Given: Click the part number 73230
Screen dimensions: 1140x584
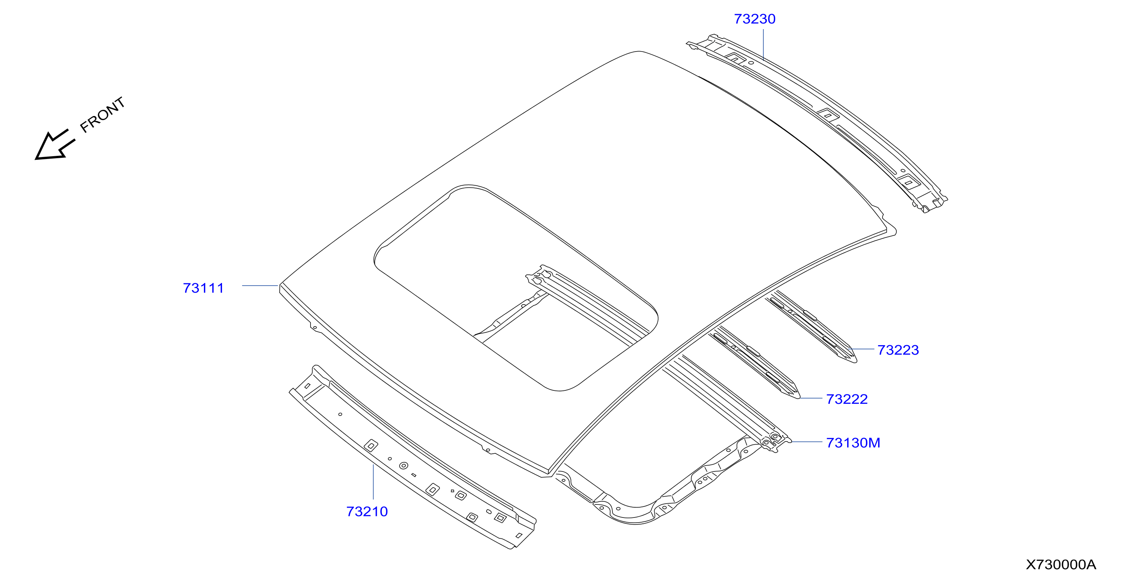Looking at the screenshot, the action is point(754,19).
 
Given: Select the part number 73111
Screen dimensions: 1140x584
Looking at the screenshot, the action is point(203,288).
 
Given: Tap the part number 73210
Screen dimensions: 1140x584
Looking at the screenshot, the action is point(366,512).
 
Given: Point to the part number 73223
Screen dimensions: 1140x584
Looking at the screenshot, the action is point(898,350).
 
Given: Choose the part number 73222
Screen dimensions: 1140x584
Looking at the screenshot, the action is point(847,399).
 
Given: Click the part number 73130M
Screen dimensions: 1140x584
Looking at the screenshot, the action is point(853,442).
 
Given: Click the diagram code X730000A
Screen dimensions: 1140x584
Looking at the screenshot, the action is point(1061,565).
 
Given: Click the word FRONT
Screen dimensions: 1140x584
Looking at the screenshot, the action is point(103,115).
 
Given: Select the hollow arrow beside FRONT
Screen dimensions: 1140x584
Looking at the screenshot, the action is point(55,145).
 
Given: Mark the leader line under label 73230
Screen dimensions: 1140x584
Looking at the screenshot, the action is point(763,45).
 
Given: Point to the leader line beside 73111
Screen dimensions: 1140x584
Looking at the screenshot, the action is point(260,285).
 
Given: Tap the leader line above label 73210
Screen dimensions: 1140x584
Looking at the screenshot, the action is point(373,482).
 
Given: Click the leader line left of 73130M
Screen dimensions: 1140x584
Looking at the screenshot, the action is point(806,442).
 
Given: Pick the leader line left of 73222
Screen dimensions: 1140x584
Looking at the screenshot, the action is point(811,398).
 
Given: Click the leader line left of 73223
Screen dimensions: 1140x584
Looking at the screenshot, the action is point(862,349).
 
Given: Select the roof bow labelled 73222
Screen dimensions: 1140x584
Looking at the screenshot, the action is point(754,362).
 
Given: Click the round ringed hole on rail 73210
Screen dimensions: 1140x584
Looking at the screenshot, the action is point(403,466).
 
